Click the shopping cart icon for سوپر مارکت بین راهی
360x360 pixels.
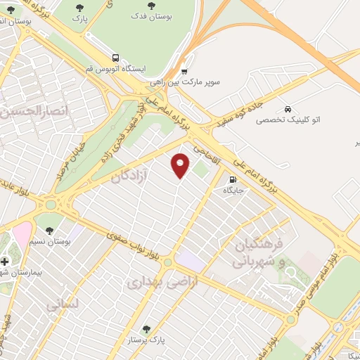pos(184,71)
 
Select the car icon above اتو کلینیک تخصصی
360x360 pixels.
pos(288,109)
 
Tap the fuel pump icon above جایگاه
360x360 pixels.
pos(232,179)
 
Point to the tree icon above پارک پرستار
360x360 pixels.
pos(146,328)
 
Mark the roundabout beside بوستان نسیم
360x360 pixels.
pos(52,205)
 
